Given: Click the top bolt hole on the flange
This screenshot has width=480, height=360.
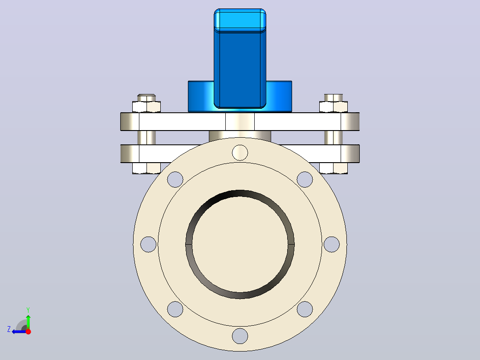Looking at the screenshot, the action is click(240, 152).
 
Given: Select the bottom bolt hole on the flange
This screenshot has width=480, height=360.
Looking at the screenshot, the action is click(240, 336).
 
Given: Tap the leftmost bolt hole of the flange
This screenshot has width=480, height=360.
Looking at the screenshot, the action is click(148, 244).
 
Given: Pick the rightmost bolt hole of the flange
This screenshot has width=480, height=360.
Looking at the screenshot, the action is click(332, 244).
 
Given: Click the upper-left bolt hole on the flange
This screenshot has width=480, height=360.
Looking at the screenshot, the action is click(175, 179).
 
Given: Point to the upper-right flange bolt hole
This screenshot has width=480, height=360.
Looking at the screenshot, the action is click(305, 179).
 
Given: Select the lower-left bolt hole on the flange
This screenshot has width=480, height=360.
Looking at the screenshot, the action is click(175, 309).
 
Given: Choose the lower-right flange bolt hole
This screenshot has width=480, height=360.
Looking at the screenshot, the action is click(305, 309).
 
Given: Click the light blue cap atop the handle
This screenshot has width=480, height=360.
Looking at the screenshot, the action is click(240, 20).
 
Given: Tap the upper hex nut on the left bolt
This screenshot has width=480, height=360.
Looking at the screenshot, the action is click(146, 106).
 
